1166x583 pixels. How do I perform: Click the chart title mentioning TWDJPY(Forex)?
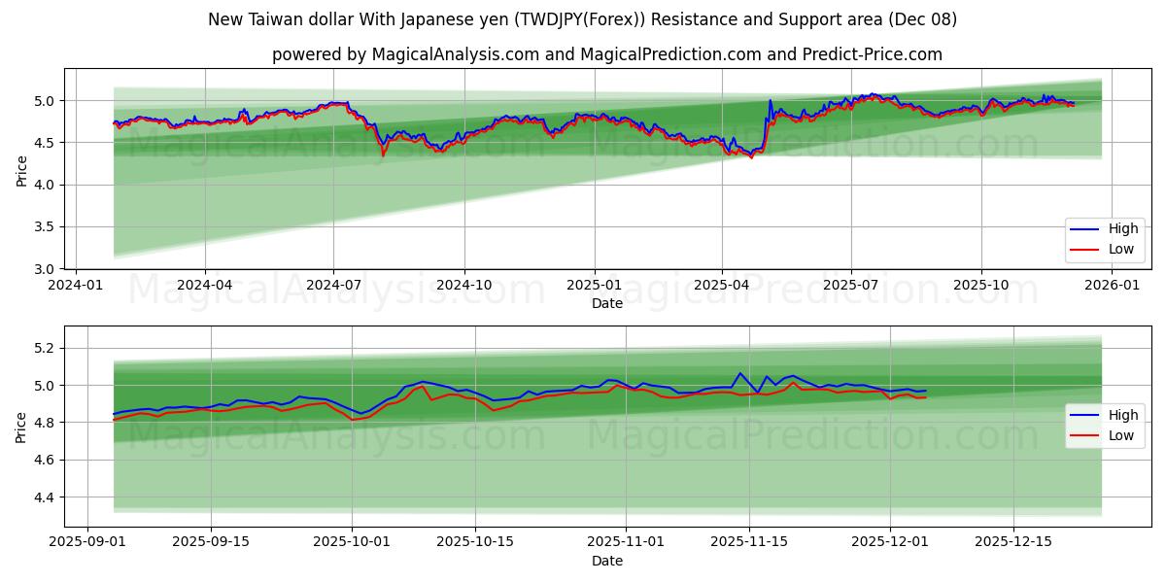[x=582, y=19]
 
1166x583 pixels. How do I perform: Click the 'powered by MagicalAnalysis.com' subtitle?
[x=606, y=54]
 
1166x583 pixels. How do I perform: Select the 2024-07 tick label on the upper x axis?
[x=333, y=286]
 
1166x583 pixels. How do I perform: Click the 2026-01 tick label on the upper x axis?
[x=1111, y=286]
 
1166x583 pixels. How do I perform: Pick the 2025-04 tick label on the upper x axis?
[x=722, y=286]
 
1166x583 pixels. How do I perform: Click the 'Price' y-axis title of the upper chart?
[x=21, y=169]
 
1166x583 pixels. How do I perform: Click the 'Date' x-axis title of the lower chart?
[x=606, y=561]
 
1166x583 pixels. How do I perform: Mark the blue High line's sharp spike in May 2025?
[x=770, y=100]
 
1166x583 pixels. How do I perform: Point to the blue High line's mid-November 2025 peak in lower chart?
[x=739, y=373]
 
